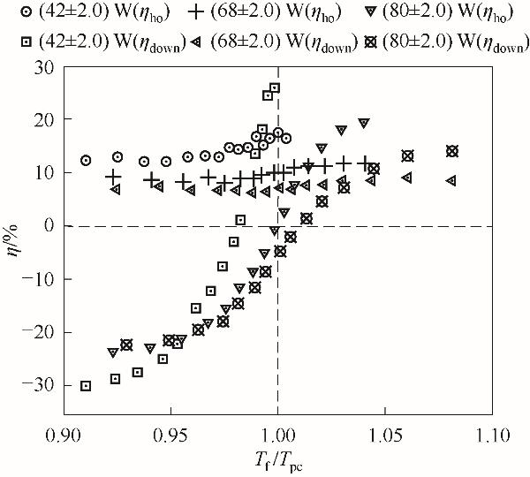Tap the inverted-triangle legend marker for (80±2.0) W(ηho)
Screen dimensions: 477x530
point(366,13)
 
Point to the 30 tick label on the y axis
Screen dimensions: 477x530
point(45,67)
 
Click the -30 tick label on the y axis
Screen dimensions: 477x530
point(42,386)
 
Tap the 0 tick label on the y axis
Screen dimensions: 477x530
point(50,226)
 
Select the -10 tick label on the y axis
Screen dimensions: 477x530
point(42,280)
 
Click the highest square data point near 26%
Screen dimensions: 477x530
point(275,88)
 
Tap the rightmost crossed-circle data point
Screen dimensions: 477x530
point(452,151)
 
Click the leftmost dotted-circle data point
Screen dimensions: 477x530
point(86,161)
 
